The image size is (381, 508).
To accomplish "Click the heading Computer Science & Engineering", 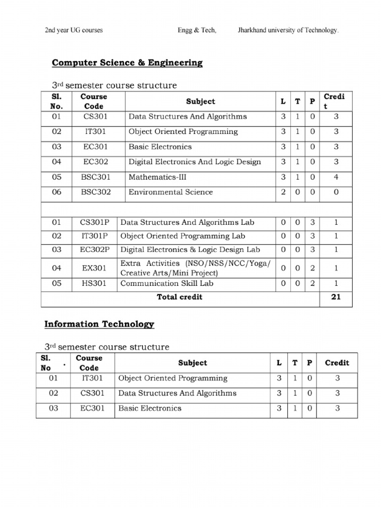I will pos(127,63).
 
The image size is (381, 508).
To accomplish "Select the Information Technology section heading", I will pos(99,324).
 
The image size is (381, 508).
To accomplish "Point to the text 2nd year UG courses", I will pos(74,30).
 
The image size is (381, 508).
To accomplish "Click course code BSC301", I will pos(96,177).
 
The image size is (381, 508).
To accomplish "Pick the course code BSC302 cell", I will pos(96,192).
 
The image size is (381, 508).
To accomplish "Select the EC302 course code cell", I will pos(96,162).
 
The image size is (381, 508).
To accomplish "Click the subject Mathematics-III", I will pos(157,177).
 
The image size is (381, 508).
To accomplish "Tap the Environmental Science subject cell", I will pos(170,192).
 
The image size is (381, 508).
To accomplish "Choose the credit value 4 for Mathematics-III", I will pos(336,177).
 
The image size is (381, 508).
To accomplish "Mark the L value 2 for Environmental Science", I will pos(283,192).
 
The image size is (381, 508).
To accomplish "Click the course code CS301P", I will pos(94,223).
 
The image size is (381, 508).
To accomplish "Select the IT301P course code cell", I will pos(94,236).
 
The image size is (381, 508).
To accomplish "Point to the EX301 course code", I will pos(94,268).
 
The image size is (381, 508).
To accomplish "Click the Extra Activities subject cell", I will pos(195,268).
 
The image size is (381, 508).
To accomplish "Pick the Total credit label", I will pos(180,297).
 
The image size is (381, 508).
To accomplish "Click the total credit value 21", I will pos(336,297).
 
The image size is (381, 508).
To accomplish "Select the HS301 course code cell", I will pos(94,283).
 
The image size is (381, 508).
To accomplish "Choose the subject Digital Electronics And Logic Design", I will pos(194,162).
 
